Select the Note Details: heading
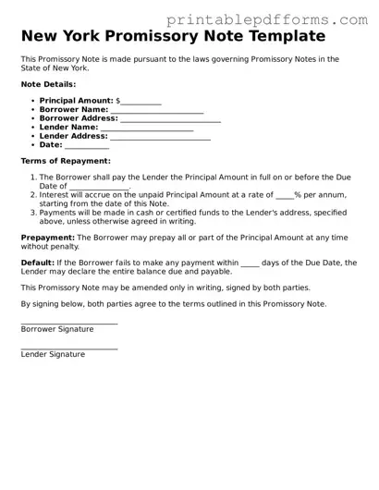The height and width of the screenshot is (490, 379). [x=48, y=84]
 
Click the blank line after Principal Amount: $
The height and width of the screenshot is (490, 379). [x=141, y=102]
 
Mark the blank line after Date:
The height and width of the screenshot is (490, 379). [x=87, y=146]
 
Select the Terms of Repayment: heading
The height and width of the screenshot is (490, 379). [x=59, y=161]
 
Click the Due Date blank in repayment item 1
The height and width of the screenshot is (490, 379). [x=99, y=188]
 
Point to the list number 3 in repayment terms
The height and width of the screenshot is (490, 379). [x=33, y=213]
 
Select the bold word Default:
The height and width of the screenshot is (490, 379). [x=37, y=263]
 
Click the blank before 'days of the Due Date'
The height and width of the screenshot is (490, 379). [x=250, y=264]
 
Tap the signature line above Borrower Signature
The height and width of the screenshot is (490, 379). [x=69, y=323]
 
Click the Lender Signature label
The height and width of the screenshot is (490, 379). [x=53, y=354]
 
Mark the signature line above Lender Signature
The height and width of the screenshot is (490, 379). [x=69, y=349]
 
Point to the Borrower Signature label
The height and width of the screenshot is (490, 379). [x=57, y=328]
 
